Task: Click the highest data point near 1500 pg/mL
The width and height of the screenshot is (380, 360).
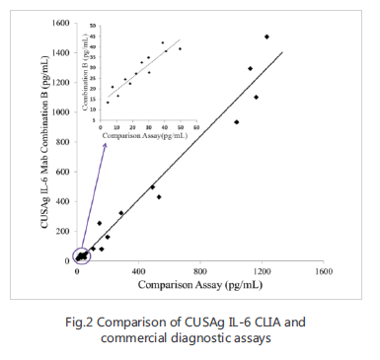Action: pos(266,36)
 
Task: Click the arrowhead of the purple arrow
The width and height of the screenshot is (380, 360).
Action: pos(103,144)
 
